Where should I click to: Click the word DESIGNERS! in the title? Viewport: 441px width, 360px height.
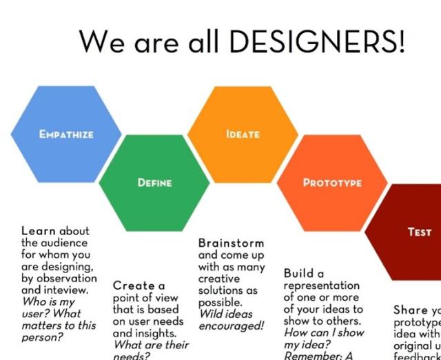(316, 43)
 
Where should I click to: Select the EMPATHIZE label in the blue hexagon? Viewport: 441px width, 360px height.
(67, 134)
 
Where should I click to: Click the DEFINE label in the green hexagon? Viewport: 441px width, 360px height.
(154, 183)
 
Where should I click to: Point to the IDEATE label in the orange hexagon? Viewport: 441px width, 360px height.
(243, 134)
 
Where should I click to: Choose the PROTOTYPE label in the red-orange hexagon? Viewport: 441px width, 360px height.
(332, 183)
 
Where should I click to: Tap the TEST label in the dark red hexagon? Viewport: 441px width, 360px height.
(419, 232)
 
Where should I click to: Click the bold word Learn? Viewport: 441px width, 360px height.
(39, 231)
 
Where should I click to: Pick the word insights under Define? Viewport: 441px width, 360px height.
(153, 333)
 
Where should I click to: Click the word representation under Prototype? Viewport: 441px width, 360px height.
(322, 286)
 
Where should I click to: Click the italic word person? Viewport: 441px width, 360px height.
(42, 337)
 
